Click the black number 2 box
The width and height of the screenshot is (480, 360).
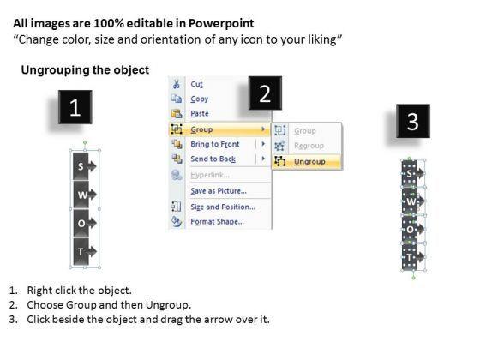coord(265,93)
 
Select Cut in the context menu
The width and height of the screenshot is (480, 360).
coord(196,85)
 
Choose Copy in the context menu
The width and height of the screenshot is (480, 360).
coord(199,99)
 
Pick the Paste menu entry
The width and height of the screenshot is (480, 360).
coord(200,113)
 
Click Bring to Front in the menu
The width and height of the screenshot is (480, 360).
coord(214,144)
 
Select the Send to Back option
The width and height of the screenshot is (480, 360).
coord(212,159)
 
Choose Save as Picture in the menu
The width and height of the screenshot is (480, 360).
coord(219,190)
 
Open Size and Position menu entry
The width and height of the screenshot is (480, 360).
coord(222,206)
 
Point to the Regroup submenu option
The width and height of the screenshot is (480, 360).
coord(309,146)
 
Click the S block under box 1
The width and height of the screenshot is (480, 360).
coord(81,166)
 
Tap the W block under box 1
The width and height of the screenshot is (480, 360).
coord(81,195)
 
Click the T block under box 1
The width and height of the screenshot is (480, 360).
coord(81,250)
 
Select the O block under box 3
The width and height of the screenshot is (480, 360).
coord(411,231)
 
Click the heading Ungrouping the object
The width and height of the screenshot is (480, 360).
coord(84,69)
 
